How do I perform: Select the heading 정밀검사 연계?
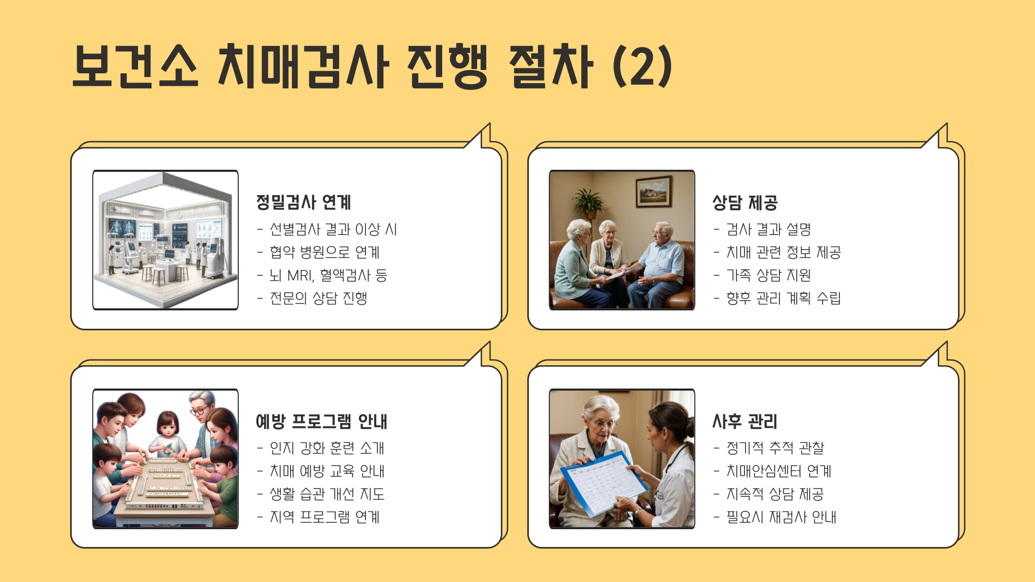pos(303,203)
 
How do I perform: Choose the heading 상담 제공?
pos(744,203)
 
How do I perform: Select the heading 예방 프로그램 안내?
pos(321,421)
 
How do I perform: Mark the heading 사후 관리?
pos(744,421)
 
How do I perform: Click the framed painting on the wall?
pos(654,191)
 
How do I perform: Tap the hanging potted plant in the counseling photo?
pos(588,203)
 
